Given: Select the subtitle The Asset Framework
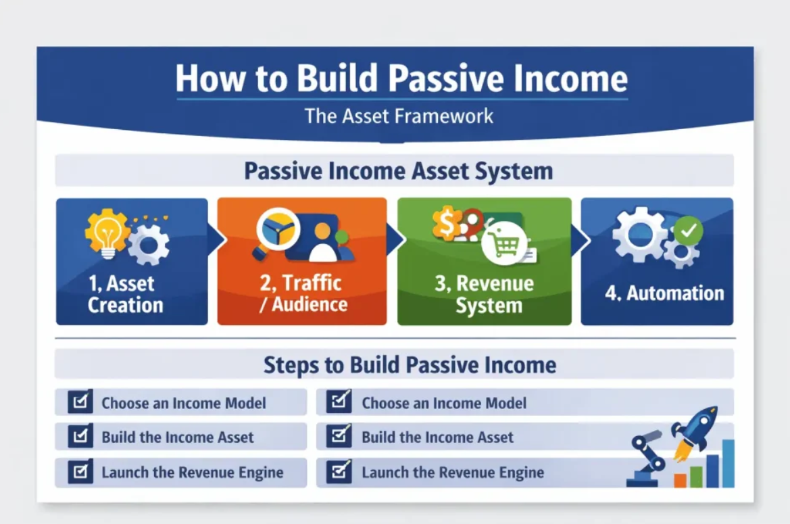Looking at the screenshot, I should [x=399, y=116].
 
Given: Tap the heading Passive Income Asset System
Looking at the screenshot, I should [x=398, y=171].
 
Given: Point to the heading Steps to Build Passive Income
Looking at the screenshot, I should [x=410, y=365].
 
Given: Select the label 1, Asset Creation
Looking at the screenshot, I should [x=125, y=294].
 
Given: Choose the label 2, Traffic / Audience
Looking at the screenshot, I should [x=302, y=293].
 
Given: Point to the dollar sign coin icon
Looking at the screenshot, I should [x=446, y=224].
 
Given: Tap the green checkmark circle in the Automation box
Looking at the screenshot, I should [x=689, y=231].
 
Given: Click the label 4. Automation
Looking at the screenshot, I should [x=664, y=293].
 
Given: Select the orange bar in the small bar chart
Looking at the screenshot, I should [x=680, y=480].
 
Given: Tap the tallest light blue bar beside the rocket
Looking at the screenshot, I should [x=727, y=463].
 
